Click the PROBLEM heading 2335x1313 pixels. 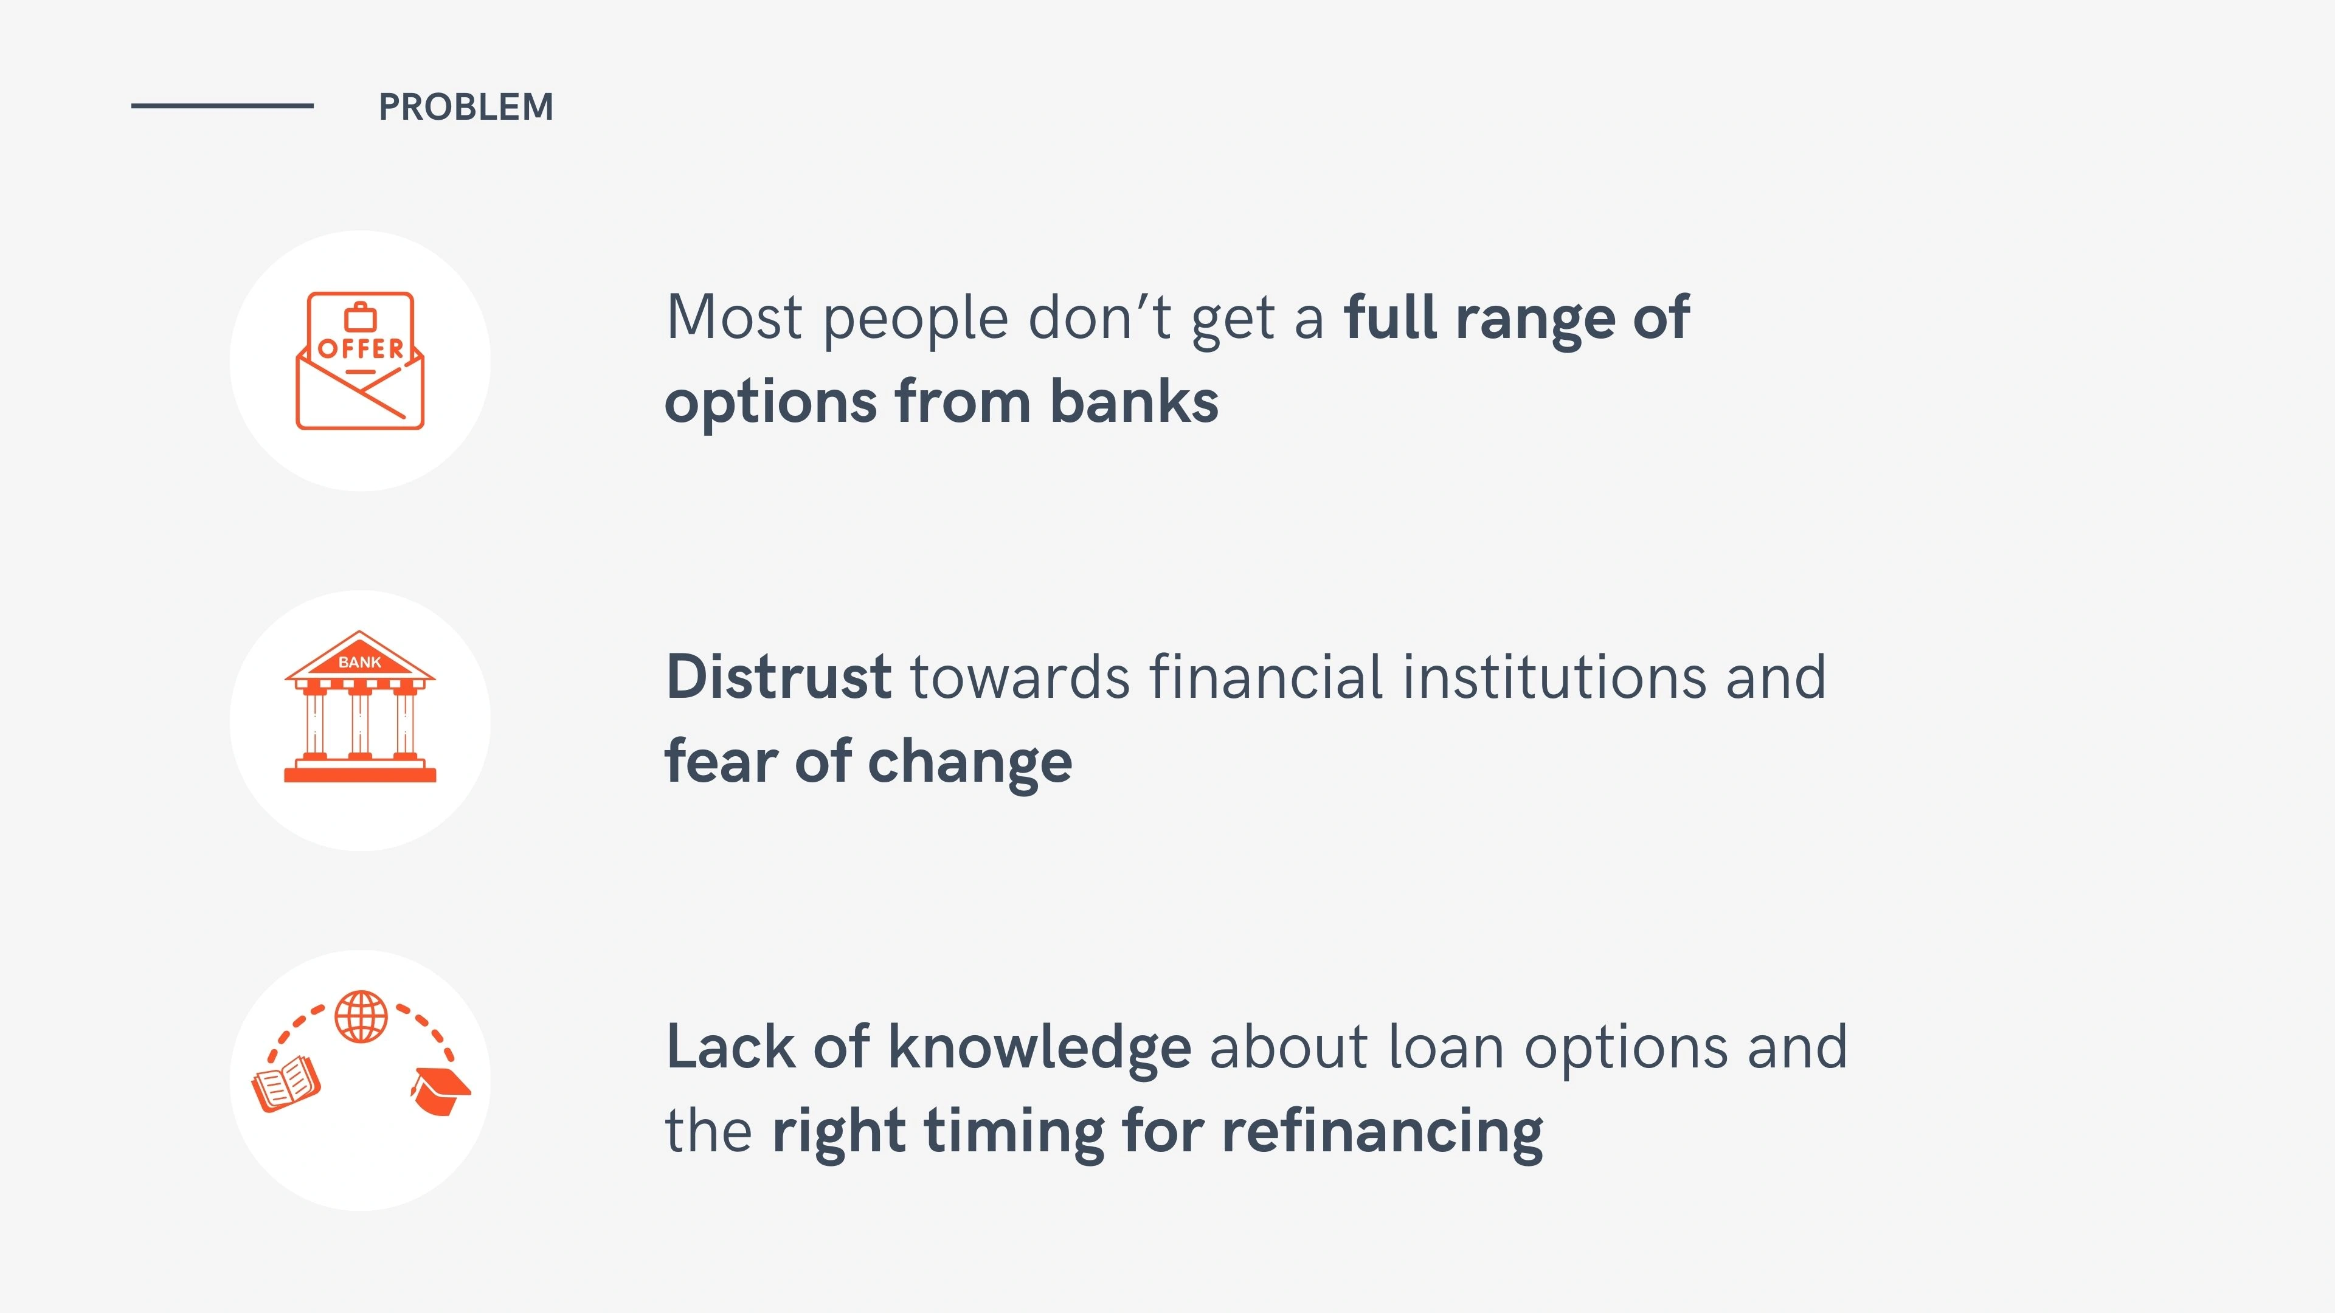(x=466, y=107)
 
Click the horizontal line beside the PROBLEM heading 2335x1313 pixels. (x=222, y=106)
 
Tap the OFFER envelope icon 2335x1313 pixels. (x=360, y=360)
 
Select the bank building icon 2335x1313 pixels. (x=360, y=706)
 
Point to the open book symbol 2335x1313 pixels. (x=286, y=1084)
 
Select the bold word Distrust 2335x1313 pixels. (x=778, y=677)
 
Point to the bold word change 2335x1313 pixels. (x=970, y=763)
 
